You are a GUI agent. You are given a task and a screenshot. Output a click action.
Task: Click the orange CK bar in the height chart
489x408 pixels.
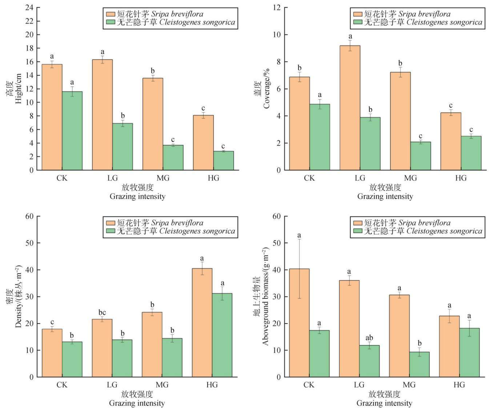point(52,117)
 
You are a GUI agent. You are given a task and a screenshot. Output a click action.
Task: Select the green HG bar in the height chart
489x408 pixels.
point(224,161)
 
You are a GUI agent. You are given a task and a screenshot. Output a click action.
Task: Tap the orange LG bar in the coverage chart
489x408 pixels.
point(350,108)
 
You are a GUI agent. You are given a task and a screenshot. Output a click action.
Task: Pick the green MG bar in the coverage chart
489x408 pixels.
point(420,156)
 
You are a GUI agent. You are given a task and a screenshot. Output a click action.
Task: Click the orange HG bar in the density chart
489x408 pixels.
point(202,322)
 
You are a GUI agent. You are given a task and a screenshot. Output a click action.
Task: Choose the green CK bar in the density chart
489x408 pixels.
point(72,360)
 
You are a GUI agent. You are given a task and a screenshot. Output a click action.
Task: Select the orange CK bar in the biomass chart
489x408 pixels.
point(299,323)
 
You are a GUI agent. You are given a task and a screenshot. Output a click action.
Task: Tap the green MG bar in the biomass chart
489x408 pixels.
point(419,364)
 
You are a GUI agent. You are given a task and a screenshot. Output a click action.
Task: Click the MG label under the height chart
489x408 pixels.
point(163,178)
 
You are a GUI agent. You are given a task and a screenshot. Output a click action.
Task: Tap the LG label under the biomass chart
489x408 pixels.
point(359,385)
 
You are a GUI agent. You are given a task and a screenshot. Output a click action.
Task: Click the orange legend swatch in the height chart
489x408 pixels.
point(111,14)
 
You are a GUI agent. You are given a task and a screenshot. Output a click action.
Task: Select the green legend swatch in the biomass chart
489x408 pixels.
point(358,231)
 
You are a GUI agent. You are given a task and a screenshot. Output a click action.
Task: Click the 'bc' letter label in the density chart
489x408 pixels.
point(102,313)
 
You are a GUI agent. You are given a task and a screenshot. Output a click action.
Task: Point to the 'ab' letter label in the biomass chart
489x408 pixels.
point(369,338)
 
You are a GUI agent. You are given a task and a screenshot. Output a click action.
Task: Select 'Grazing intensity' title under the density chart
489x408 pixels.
point(137,403)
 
